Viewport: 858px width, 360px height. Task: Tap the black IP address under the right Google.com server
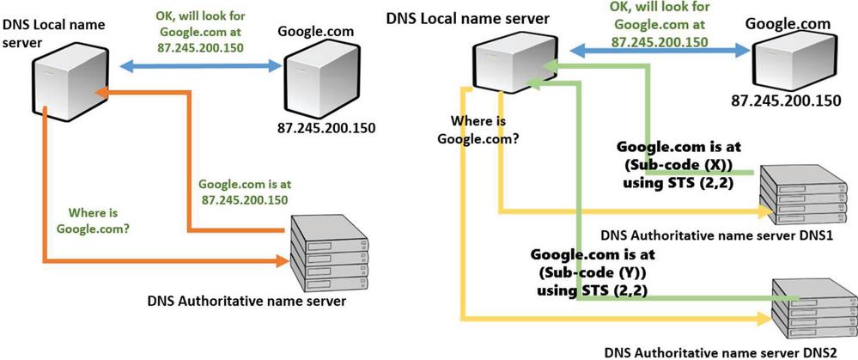(785, 101)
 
